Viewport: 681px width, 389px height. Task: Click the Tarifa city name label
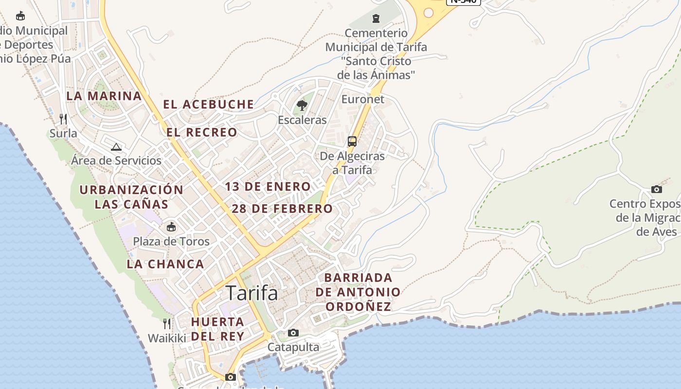coord(252,293)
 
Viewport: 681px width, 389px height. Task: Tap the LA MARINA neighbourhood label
coord(104,96)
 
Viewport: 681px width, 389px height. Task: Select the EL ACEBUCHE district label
coord(208,104)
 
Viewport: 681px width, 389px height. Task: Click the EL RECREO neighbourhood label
coord(202,132)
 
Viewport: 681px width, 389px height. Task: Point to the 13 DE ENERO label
coord(268,187)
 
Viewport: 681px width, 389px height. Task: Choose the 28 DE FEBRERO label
coord(282,209)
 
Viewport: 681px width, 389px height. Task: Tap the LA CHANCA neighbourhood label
coord(165,265)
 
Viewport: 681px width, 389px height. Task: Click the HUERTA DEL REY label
coord(217,329)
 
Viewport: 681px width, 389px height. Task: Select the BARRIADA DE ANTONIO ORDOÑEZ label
coord(358,292)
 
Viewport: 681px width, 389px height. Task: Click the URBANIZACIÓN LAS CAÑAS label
coord(131,196)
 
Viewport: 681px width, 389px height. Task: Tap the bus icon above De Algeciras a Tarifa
coord(352,141)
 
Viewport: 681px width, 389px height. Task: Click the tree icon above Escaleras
coord(302,105)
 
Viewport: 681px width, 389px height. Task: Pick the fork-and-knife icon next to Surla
coord(63,119)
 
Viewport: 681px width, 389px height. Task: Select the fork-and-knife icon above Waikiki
coord(167,323)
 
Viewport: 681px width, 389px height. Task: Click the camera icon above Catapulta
coord(293,333)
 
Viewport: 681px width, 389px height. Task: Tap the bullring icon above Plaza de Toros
coord(171,227)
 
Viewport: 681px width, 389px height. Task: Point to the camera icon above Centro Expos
coord(657,189)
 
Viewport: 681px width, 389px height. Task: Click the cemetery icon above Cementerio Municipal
coord(376,18)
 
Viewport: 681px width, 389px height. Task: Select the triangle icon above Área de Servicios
coord(116,147)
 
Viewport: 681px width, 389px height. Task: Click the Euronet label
coord(363,99)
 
